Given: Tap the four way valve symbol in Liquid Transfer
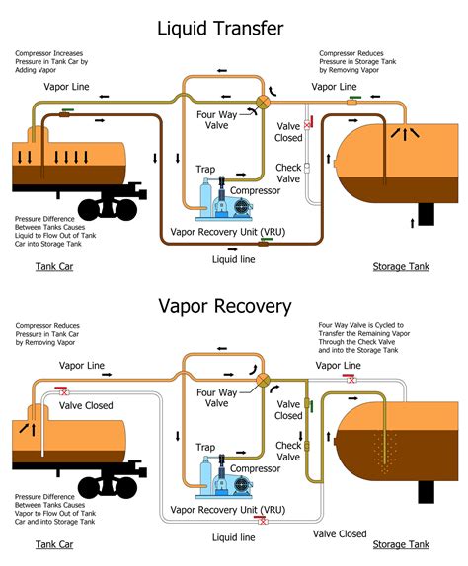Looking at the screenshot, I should pyautogui.click(x=264, y=103).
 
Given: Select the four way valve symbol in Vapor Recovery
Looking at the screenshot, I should pyautogui.click(x=264, y=381).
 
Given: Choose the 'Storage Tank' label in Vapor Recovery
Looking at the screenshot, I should pyautogui.click(x=400, y=544).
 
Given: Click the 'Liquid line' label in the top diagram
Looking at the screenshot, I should pyautogui.click(x=234, y=259).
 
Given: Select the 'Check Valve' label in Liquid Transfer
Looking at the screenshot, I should pyautogui.click(x=288, y=175).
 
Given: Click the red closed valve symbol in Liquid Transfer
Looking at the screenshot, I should pyautogui.click(x=307, y=125).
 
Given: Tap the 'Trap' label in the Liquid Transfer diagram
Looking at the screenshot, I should pyautogui.click(x=206, y=169).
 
